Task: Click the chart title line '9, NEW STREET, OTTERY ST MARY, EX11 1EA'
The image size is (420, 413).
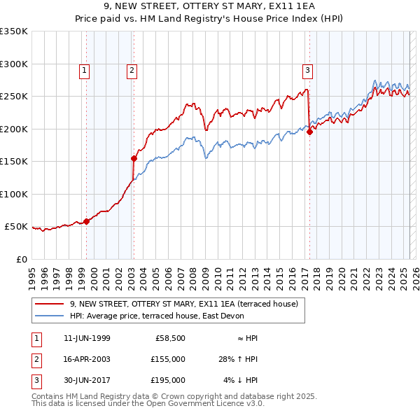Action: (210, 8)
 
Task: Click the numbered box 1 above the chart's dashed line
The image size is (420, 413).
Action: (84, 69)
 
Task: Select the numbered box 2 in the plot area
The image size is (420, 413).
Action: (132, 69)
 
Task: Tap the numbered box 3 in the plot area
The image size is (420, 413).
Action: (307, 69)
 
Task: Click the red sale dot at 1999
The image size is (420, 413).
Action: (86, 221)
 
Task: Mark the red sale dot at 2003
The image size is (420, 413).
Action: (134, 158)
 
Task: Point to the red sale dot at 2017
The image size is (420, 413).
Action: (309, 132)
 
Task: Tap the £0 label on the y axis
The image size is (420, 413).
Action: (21, 259)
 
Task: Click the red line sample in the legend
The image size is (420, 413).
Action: (49, 304)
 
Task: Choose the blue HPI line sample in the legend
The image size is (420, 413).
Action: (49, 316)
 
